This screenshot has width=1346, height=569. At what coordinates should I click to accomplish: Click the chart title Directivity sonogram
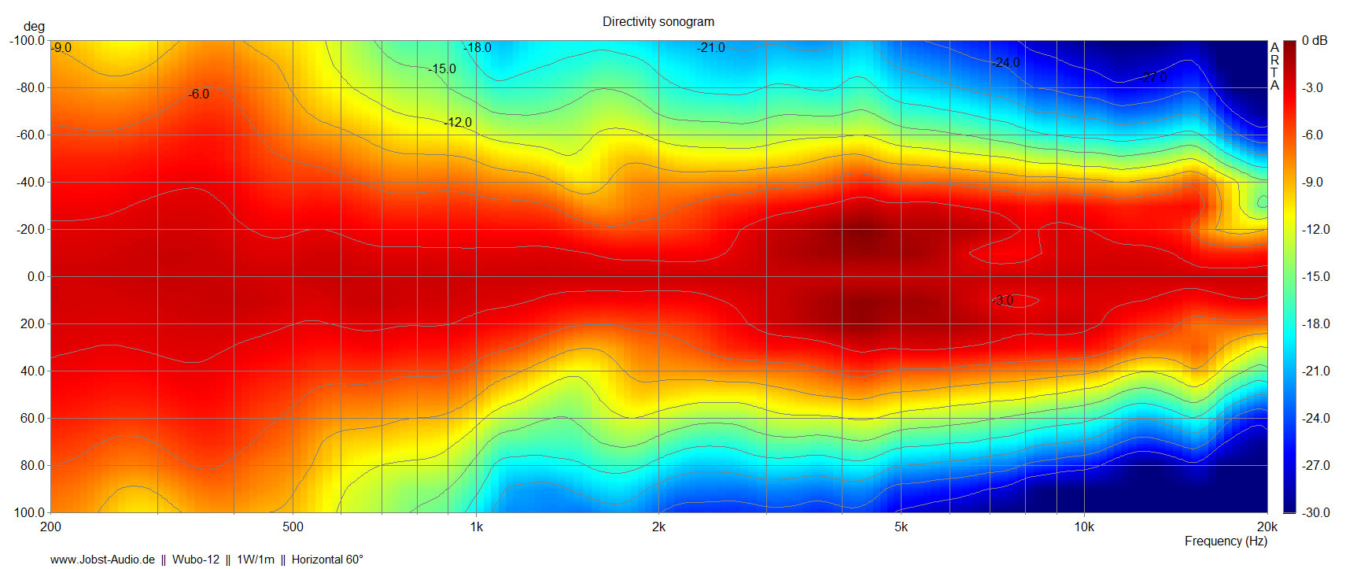658,22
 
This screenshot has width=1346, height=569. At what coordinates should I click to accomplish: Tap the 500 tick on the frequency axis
293,527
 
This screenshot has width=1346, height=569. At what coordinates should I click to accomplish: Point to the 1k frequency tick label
476,527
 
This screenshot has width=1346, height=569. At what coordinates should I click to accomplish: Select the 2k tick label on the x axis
658,527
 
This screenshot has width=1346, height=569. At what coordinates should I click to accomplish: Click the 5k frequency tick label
901,527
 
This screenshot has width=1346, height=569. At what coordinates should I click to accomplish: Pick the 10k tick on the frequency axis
1084,527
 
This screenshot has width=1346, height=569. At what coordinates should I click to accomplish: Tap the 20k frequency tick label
1267,527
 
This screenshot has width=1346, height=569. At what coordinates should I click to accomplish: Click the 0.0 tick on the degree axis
36,277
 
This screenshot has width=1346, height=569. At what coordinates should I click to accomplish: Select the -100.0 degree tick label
28,41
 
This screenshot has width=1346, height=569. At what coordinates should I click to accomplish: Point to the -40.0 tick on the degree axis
31,183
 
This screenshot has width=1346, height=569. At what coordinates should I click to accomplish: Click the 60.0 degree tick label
32,419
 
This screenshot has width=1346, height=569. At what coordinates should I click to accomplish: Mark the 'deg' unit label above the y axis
34,27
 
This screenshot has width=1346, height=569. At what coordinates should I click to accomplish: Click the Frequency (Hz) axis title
1226,541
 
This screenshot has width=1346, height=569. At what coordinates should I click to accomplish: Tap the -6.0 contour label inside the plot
199,94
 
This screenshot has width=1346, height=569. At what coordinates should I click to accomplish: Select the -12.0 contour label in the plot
458,123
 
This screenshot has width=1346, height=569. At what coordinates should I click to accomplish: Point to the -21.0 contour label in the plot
710,48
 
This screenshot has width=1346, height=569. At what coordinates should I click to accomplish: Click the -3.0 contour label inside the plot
1003,301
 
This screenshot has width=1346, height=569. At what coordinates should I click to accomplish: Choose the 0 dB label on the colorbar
1314,41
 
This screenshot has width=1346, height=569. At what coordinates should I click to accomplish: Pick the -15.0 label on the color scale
1315,277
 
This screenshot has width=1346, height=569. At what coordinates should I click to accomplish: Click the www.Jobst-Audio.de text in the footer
102,560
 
